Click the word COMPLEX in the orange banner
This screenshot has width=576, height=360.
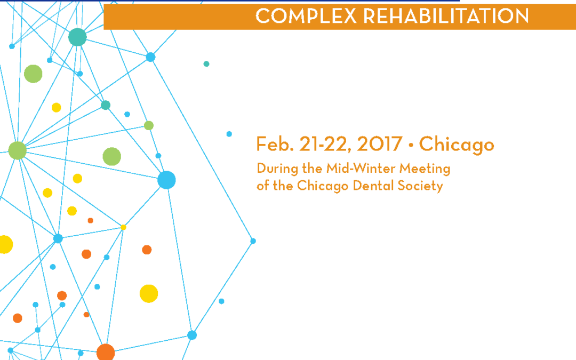(306, 16)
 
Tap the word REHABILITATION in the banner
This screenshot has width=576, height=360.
(446, 16)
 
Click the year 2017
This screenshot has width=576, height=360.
(380, 143)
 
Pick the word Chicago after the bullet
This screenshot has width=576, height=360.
(457, 145)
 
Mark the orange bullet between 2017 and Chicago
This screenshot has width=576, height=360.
(411, 145)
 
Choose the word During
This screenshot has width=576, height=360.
(277, 169)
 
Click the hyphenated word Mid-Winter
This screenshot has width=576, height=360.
(361, 168)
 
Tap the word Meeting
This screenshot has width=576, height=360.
(425, 169)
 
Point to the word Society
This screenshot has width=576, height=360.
(420, 186)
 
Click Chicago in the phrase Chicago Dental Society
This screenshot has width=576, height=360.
(323, 186)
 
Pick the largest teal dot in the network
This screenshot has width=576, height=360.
(77, 37)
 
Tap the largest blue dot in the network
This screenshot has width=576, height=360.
(166, 180)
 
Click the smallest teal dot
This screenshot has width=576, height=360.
(206, 64)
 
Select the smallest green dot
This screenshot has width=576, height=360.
(149, 126)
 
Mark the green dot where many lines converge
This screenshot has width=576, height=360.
(17, 150)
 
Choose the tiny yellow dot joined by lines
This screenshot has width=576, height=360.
(123, 227)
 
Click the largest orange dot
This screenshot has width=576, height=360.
(106, 353)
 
